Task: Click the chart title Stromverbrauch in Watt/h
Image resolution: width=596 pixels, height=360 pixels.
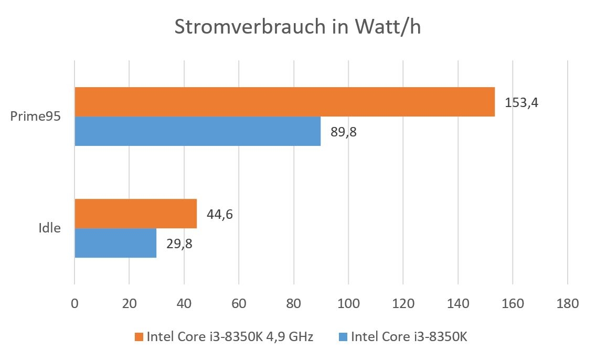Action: coord(297,27)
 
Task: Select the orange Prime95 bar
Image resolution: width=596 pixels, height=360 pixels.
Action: coord(284,102)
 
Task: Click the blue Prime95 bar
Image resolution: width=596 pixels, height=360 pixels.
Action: coord(197,131)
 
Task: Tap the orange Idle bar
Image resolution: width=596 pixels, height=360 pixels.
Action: coord(135,214)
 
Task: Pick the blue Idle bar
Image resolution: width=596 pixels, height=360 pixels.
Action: coord(115,243)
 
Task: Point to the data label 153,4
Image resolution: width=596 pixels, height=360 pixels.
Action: coord(521,102)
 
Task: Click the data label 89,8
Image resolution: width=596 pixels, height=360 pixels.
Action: coord(344,131)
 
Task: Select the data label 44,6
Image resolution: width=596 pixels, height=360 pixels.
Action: coord(220,214)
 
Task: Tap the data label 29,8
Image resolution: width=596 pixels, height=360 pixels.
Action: coord(179,243)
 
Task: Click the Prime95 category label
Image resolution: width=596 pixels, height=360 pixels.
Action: coord(36,117)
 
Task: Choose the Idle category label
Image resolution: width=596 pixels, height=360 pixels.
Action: coord(49,228)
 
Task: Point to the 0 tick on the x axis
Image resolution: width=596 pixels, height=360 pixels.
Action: coord(74,304)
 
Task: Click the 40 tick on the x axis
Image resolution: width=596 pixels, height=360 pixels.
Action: coord(184,304)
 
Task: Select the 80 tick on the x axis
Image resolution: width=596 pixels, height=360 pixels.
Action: coord(293,304)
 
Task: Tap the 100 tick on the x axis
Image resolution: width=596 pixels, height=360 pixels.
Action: coord(348,304)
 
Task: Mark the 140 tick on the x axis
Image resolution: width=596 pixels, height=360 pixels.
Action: coord(458,304)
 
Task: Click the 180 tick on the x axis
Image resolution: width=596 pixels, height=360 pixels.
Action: coord(567,304)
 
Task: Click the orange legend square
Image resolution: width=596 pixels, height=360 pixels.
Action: coord(139,336)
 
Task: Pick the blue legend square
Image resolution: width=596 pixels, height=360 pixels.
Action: coord(344,336)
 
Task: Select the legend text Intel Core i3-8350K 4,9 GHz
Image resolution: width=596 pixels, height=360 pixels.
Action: coord(230,336)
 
